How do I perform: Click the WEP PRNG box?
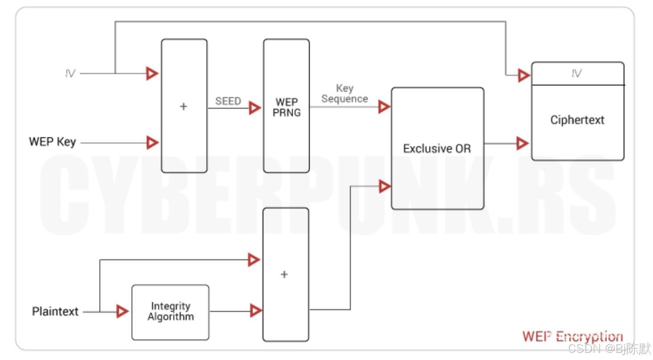coord(286,106)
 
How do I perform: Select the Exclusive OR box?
coord(437,148)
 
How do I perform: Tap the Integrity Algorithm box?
coord(170,312)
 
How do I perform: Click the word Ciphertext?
coord(577,120)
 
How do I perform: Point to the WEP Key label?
coord(52,142)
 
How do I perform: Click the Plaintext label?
coord(55,311)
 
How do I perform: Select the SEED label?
coord(228,101)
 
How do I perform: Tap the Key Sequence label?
coord(345,94)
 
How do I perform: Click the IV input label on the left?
coord(70,74)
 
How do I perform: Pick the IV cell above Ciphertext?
coord(577,74)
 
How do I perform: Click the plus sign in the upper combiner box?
coord(183,106)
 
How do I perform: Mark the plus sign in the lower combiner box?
coord(284,274)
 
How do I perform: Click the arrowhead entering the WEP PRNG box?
coord(255,108)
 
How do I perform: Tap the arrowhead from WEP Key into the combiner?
coord(152,143)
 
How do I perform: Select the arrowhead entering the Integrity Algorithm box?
coord(122,311)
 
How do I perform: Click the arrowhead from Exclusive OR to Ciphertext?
coord(522,143)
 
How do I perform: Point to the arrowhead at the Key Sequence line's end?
coord(384,107)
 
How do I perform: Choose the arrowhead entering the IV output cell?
coord(524,75)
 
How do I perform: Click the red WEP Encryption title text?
coord(572,336)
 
